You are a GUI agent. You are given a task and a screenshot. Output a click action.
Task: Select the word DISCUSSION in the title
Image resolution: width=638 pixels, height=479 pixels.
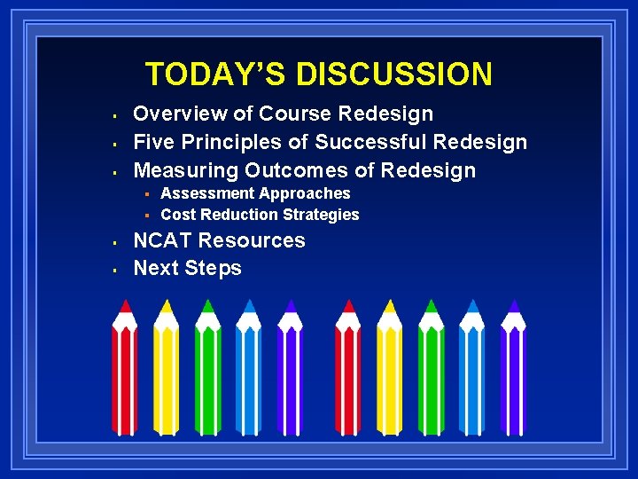pos(394,74)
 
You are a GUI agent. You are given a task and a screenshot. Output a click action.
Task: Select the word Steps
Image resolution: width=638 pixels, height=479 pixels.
pos(214,268)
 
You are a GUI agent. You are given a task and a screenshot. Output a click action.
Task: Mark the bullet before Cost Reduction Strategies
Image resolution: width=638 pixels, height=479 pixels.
pos(149,216)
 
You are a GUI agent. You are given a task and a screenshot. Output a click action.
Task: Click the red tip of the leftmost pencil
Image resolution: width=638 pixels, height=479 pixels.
pos(125,306)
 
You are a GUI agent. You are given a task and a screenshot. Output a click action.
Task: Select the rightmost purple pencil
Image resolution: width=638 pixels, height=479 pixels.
pos(513,373)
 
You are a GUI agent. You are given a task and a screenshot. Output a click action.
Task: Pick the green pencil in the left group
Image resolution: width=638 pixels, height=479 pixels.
pos(208,373)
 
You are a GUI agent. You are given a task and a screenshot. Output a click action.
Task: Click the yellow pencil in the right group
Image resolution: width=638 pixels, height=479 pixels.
pos(389,373)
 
